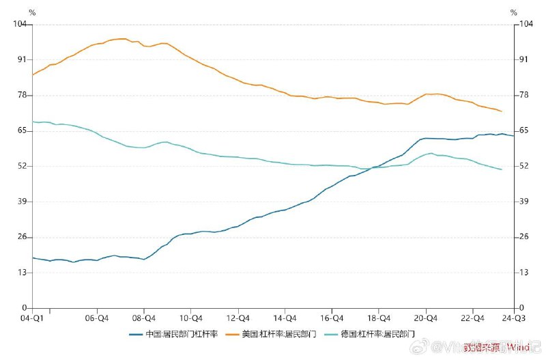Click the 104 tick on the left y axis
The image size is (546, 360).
coord(19,24)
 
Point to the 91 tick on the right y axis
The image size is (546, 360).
coord(525,59)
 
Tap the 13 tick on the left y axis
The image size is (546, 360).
coord(21,273)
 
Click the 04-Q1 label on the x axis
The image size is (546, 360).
coord(32,318)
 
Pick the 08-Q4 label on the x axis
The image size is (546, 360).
coord(144,318)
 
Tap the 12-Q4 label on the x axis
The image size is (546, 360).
coord(238,318)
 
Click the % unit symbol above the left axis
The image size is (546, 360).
coord(32,12)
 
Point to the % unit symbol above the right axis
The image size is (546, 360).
coord(513,12)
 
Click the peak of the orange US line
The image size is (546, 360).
coord(123,39)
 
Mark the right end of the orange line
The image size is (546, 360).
coord(502,111)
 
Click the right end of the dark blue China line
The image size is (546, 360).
coord(513,136)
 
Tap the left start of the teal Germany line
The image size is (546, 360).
coord(33,122)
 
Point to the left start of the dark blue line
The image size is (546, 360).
coord(33,258)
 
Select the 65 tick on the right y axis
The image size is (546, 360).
coord(525,130)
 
